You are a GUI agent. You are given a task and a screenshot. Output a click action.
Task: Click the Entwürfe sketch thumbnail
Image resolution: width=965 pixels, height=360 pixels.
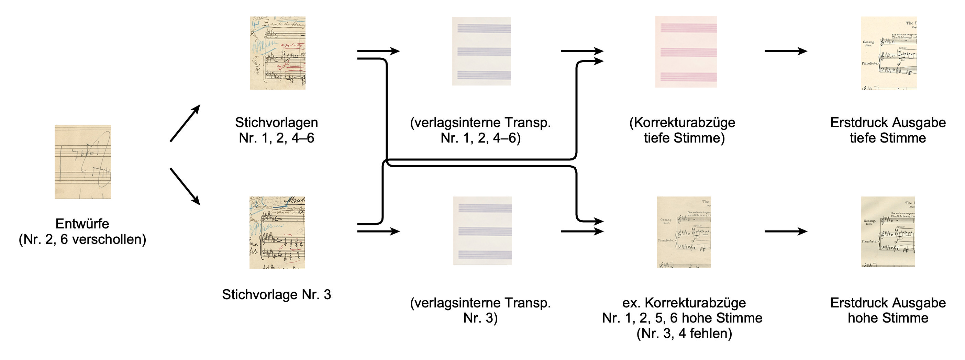click(x=83, y=161)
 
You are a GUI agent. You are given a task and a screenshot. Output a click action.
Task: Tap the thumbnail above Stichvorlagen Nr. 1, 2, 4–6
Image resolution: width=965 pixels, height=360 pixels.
click(x=278, y=53)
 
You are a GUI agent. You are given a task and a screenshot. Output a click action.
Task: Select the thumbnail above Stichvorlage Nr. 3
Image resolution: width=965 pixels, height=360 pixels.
click(x=277, y=233)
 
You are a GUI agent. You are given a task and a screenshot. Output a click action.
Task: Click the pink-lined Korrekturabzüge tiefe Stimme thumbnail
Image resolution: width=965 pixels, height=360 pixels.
click(x=686, y=52)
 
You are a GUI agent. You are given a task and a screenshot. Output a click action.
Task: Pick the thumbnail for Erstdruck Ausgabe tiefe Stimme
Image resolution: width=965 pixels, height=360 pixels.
click(x=889, y=53)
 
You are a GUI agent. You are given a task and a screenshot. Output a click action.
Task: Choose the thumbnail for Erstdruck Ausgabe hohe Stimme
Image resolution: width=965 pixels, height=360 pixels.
click(x=888, y=232)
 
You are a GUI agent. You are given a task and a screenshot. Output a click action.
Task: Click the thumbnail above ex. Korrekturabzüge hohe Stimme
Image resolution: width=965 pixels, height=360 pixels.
click(x=684, y=232)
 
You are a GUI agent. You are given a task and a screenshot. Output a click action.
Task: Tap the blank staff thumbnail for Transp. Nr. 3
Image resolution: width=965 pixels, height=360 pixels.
click(x=482, y=231)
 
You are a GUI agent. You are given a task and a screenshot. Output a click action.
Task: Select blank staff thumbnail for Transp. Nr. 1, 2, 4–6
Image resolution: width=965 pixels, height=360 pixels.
click(x=481, y=51)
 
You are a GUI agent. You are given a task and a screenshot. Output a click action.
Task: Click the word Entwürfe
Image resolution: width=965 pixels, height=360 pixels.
click(x=82, y=224)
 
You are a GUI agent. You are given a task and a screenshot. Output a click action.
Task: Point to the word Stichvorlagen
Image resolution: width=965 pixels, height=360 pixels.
click(x=276, y=123)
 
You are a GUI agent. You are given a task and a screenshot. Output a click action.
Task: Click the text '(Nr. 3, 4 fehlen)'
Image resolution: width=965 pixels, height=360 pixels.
click(x=684, y=333)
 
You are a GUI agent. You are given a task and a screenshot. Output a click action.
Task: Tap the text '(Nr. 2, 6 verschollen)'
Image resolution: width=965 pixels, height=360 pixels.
click(x=82, y=239)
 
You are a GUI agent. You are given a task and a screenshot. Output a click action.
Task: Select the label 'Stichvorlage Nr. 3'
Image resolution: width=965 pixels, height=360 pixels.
click(x=276, y=294)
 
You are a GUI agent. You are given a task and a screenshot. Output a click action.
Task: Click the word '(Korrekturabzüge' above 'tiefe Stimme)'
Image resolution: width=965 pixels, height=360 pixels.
click(x=682, y=123)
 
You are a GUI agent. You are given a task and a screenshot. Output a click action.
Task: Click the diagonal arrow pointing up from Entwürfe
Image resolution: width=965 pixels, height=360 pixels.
click(x=185, y=123)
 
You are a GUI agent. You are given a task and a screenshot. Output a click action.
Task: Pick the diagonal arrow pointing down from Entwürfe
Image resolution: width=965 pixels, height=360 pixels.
click(x=185, y=186)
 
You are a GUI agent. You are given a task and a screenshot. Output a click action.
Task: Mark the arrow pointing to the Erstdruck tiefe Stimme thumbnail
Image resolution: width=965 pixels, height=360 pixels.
click(x=786, y=51)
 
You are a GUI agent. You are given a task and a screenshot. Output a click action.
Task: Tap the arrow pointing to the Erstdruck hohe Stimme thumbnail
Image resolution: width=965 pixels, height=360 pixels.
click(x=786, y=231)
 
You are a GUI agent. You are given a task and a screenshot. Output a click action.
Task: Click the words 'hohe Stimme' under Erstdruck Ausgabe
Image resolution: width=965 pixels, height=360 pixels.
click(x=888, y=318)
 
